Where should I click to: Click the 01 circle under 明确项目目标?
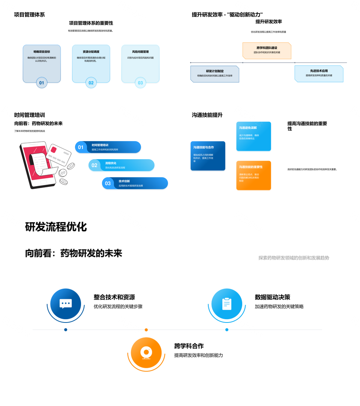click(x=42, y=83)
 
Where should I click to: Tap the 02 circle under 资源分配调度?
click(x=91, y=83)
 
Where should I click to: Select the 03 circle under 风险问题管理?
click(x=140, y=83)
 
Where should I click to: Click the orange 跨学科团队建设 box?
click(x=267, y=51)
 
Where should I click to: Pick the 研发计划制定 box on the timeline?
click(x=214, y=74)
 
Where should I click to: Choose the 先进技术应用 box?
click(x=319, y=73)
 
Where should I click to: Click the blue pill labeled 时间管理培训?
click(x=108, y=147)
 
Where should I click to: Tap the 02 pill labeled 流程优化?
click(x=121, y=165)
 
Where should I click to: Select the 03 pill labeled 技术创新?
click(x=135, y=183)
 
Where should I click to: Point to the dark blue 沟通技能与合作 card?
click(x=208, y=156)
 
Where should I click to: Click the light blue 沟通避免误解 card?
click(x=253, y=136)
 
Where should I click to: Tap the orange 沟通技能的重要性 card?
click(x=253, y=175)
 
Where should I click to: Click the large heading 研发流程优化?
click(x=56, y=227)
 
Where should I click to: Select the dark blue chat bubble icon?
click(x=66, y=304)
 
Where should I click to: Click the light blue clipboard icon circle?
click(x=226, y=304)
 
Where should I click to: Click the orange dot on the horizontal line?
click(x=146, y=330)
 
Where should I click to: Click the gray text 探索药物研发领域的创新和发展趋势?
click(x=294, y=258)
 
